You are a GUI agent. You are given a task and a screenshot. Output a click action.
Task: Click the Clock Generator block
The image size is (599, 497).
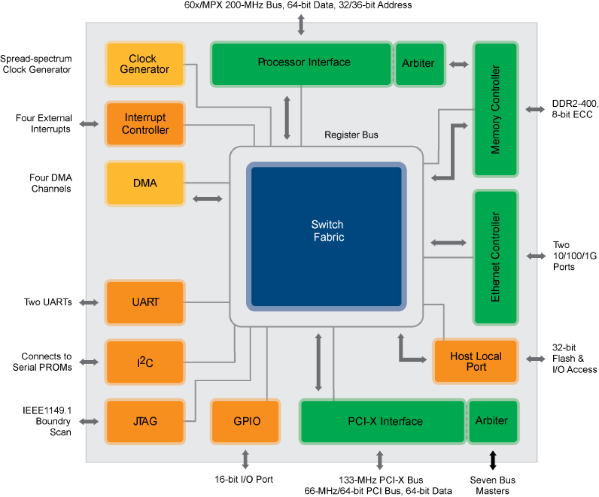point(145,64)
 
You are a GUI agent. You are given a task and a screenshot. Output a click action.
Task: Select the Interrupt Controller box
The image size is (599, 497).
point(145,124)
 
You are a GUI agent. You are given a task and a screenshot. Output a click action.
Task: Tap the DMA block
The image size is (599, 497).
point(145,183)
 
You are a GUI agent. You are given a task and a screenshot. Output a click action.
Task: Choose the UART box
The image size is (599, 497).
point(145,303)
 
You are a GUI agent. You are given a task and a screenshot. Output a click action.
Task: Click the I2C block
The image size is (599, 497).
point(145,362)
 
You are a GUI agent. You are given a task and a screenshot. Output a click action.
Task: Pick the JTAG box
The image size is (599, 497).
point(145,422)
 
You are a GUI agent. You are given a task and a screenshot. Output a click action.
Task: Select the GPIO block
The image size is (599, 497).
point(245,422)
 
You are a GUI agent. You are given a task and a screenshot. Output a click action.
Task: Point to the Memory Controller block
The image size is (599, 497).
point(496,109)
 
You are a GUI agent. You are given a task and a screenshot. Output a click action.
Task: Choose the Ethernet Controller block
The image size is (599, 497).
point(496,257)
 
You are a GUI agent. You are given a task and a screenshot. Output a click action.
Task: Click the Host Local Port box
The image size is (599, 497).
point(475,361)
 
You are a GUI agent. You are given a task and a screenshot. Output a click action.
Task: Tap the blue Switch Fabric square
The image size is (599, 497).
point(327,236)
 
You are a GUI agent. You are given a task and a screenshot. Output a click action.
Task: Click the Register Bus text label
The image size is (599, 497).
point(351,135)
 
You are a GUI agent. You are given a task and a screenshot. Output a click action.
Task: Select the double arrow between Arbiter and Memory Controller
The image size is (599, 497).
point(459,64)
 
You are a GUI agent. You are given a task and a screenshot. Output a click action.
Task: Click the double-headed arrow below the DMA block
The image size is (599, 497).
point(207,199)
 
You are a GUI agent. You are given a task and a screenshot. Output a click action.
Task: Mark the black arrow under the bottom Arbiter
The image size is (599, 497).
point(493,457)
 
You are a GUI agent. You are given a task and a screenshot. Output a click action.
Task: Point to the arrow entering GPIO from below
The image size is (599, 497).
point(246,456)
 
